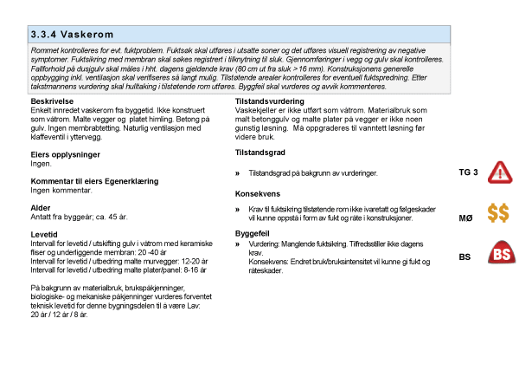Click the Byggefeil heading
[253, 234]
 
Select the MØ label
[465, 218]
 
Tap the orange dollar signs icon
[498, 213]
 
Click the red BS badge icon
[501, 254]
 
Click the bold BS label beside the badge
[465, 257]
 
